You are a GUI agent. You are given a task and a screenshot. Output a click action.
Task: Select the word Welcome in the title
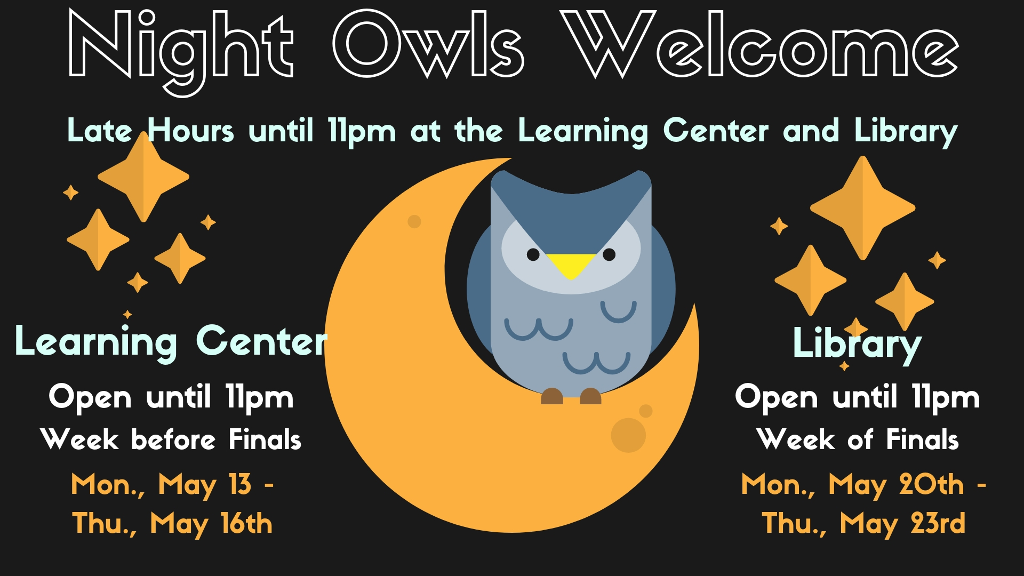tap(760, 45)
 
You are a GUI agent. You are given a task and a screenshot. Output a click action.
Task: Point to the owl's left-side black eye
tap(533, 254)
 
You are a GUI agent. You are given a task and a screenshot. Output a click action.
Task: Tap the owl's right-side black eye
tap(609, 254)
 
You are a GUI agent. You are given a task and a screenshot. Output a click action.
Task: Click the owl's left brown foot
tap(552, 396)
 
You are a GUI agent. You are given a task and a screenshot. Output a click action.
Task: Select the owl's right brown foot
tap(590, 396)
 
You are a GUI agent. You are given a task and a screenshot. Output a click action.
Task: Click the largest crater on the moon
tap(628, 435)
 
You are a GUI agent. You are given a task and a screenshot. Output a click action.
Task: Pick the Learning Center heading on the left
tap(171, 342)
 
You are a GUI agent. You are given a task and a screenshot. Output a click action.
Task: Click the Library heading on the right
tap(857, 345)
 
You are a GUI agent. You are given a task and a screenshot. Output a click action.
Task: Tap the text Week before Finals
tap(171, 439)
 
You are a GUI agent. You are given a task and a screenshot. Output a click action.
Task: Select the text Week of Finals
tap(858, 439)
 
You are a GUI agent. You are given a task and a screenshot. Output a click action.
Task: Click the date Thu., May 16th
tap(172, 524)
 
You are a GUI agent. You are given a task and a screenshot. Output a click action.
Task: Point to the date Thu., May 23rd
tap(863, 524)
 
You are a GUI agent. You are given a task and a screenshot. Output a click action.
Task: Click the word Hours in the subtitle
tap(190, 131)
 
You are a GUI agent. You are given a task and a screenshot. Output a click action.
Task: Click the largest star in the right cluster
tap(862, 208)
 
